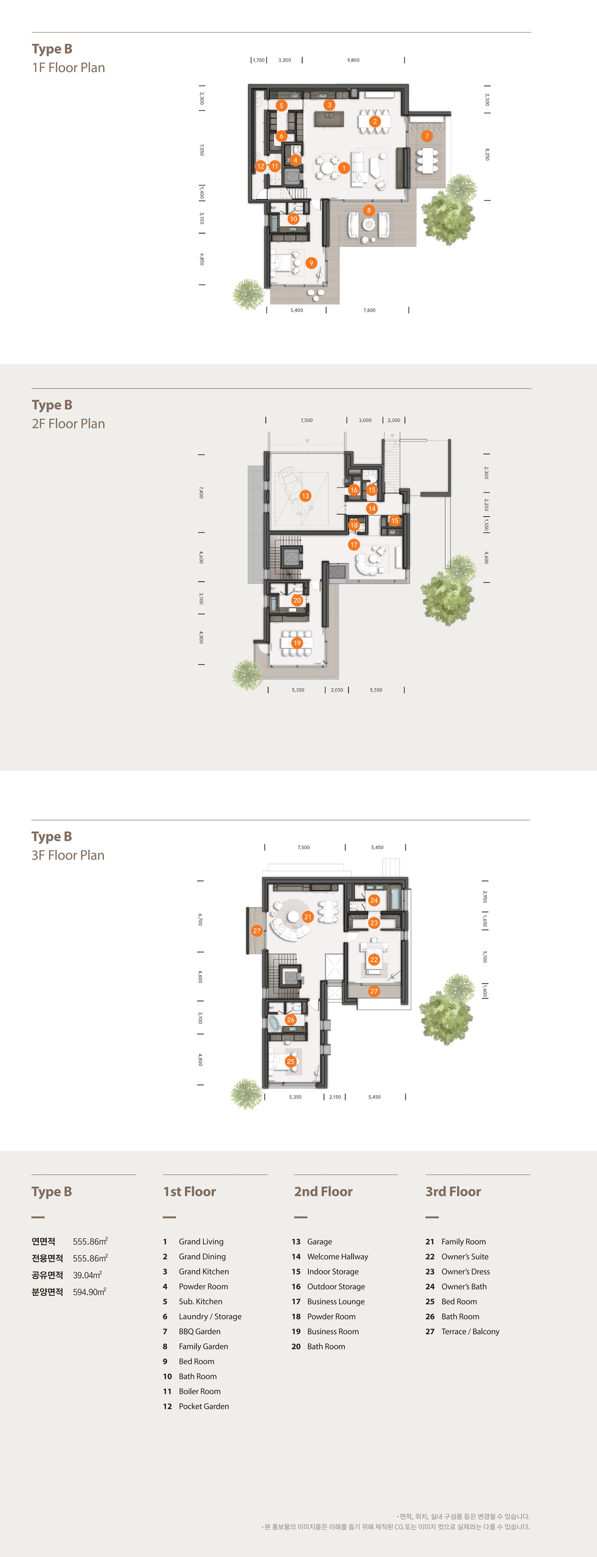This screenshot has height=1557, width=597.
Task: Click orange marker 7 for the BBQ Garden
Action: (426, 136)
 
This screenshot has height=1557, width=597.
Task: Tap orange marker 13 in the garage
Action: (305, 495)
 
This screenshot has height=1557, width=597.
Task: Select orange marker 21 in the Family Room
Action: (307, 916)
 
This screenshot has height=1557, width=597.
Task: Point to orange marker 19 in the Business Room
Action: (297, 643)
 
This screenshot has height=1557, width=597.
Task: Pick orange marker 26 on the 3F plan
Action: (291, 1020)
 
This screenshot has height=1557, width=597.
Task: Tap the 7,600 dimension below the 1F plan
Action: (369, 310)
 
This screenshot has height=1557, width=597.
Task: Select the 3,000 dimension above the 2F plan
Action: (365, 420)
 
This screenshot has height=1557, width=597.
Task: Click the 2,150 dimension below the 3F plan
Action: (335, 1097)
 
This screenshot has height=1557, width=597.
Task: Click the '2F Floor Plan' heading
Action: (68, 424)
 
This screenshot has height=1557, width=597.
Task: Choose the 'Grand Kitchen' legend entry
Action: (203, 1271)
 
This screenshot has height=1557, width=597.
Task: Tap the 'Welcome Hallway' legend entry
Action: (338, 1257)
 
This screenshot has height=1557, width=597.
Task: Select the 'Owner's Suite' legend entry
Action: (465, 1257)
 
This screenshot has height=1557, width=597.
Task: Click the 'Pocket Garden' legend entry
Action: (203, 1406)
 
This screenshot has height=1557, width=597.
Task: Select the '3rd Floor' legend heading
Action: (453, 1191)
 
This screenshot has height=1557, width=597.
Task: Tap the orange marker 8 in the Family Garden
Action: (369, 210)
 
